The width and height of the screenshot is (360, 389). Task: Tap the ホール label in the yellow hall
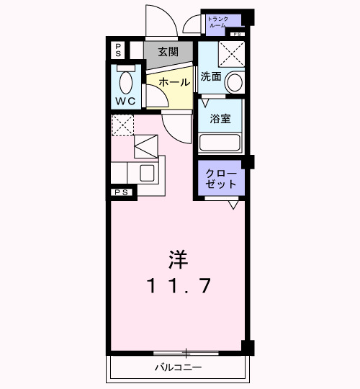point(174,83)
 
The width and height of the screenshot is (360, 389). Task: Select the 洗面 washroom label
point(210,76)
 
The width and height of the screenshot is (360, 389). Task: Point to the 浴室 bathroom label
point(220,118)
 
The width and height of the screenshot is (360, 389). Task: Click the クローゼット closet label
point(220,179)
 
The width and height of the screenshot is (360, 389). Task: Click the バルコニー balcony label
point(178,368)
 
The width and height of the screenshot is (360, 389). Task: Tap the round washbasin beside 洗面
point(234,82)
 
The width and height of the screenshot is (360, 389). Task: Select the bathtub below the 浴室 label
point(220,141)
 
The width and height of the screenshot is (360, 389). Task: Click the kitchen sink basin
point(147,173)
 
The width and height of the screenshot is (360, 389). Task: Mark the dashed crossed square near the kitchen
point(122,125)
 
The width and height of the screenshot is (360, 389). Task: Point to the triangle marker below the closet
point(233,206)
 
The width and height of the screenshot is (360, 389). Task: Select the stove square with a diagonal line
point(148,146)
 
